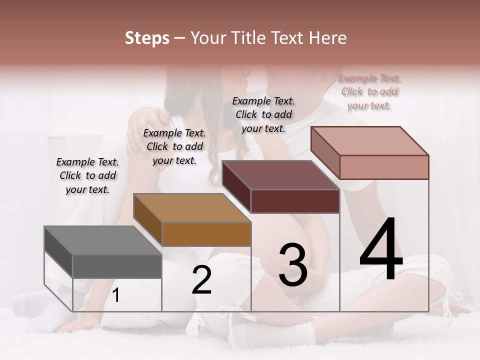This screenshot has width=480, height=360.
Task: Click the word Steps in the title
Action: (146, 38)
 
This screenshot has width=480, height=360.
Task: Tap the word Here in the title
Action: (328, 38)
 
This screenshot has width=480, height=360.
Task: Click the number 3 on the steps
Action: (293, 264)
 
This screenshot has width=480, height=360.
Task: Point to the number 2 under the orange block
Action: (201, 280)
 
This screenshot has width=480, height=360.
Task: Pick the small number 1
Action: (116, 295)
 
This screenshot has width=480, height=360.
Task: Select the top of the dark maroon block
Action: (280, 175)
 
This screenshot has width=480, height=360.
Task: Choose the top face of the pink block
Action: (369, 141)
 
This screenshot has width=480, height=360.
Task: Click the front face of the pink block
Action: (384, 167)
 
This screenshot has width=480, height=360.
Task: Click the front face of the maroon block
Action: (295, 201)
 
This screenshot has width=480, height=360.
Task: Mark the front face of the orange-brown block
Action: (206, 234)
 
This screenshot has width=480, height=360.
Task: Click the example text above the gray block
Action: (87, 175)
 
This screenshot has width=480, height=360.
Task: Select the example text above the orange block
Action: (174, 146)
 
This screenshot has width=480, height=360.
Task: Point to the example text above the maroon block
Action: (263, 114)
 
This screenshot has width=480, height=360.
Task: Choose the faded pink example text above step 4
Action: (369, 92)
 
